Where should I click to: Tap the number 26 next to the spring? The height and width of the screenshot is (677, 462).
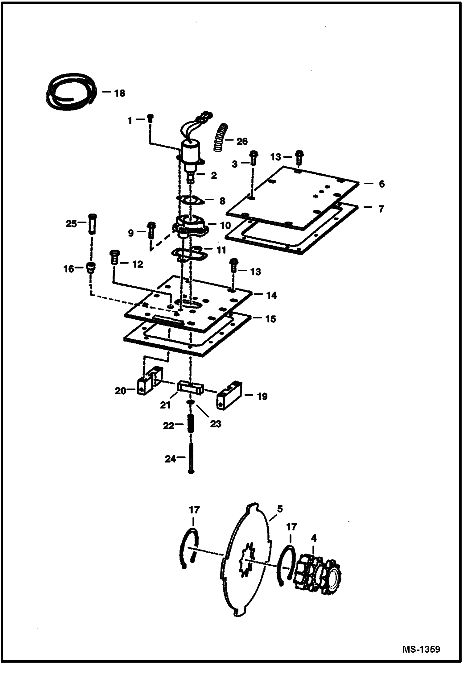tap(242, 142)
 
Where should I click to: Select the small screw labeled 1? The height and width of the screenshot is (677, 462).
tap(150, 118)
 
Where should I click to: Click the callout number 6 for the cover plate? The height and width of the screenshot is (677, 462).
tap(382, 184)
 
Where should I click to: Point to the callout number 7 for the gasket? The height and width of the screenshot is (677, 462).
tap(381, 209)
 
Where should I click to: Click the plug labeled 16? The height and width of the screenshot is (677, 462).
tap(91, 267)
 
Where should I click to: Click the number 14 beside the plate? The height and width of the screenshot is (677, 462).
tap(271, 296)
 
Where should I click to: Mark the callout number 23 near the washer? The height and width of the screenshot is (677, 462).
tap(216, 424)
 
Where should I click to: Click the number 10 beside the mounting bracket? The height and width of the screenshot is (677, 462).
tap(225, 226)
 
